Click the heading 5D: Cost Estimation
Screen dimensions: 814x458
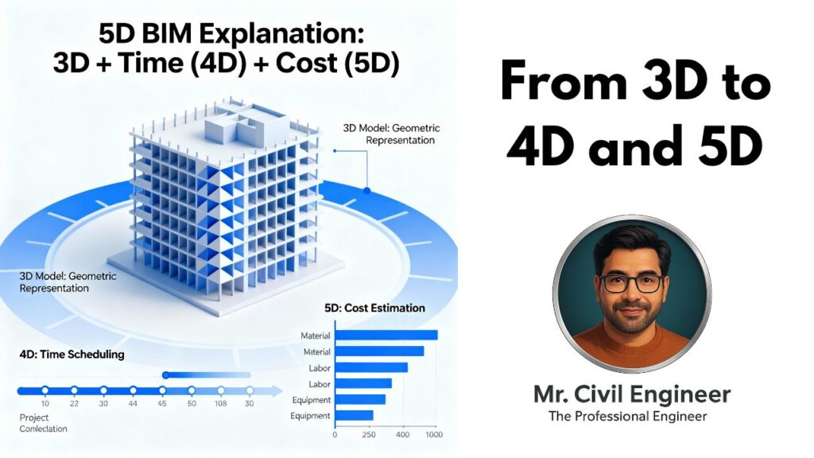coord(374,308)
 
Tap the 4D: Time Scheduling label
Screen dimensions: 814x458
coord(72,355)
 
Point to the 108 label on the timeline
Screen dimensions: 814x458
coord(221,403)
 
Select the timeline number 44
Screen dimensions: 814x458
coord(133,403)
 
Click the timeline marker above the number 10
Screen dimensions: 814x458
coord(45,390)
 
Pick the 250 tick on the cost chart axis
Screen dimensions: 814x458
coord(369,435)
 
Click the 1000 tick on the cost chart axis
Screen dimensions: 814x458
coord(434,435)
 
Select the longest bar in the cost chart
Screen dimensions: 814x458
coord(386,336)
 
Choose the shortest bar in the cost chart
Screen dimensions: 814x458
coord(354,415)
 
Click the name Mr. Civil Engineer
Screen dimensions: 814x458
coord(632,394)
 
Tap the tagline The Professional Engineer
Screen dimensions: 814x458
coord(628,417)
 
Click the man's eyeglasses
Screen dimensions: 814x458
coord(632,284)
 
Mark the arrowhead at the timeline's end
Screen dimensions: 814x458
coord(277,391)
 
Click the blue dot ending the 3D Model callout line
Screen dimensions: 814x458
coord(367,191)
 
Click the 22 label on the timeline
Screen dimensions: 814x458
coord(74,403)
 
